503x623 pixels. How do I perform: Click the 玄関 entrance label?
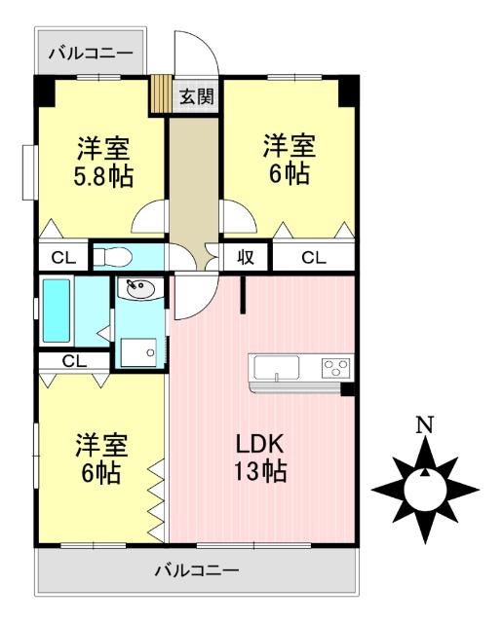pyautogui.click(x=193, y=96)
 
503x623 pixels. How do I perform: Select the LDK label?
pyautogui.click(x=260, y=444)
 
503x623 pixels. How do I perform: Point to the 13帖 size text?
pyautogui.click(x=260, y=473)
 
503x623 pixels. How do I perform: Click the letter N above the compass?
pyautogui.click(x=425, y=425)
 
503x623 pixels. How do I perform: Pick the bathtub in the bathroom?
pyautogui.click(x=57, y=311)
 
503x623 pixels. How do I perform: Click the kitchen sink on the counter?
pyautogui.click(x=278, y=368)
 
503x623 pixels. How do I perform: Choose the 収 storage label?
pyautogui.click(x=245, y=258)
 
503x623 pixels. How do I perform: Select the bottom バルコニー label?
pyautogui.click(x=196, y=570)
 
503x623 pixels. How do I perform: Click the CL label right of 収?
pyautogui.click(x=313, y=258)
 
